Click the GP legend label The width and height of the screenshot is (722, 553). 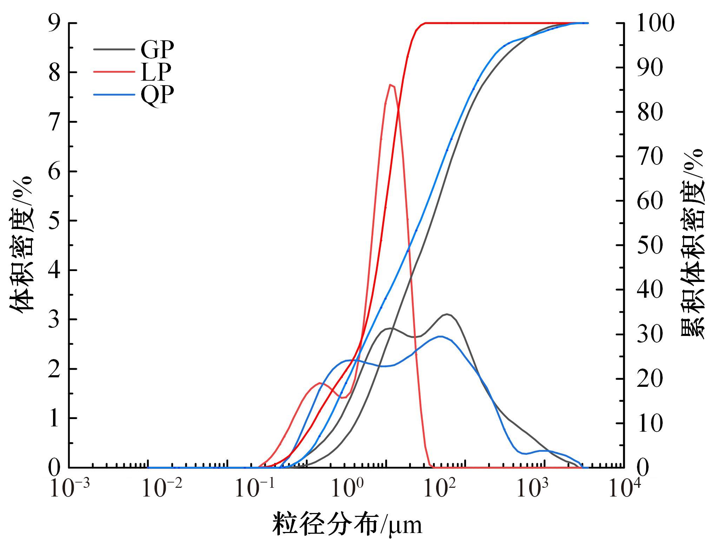157,49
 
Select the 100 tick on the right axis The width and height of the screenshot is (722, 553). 655,23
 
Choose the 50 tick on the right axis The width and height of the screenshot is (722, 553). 650,245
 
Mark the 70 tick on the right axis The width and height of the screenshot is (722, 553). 650,156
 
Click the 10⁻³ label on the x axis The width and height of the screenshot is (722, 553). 70,488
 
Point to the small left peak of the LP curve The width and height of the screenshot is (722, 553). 320,383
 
